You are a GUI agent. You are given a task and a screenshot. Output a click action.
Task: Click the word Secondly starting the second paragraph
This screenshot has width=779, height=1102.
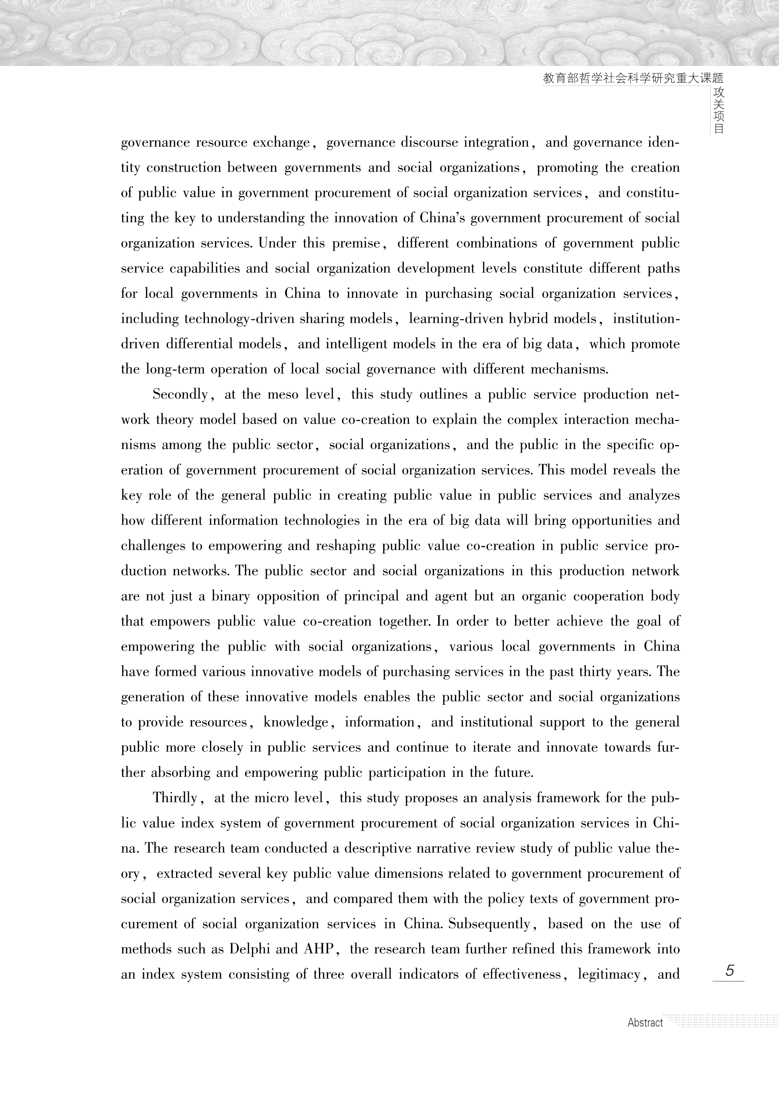(180, 394)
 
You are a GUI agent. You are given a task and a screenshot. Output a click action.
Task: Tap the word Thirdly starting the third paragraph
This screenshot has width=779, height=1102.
(175, 798)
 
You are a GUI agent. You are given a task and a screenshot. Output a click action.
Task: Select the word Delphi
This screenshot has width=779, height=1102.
(249, 949)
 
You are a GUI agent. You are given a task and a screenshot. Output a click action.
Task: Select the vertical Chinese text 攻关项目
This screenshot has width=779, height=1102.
(718, 110)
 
